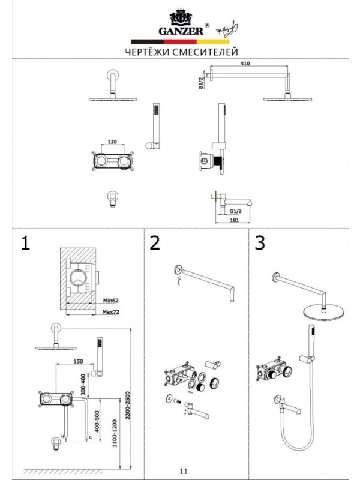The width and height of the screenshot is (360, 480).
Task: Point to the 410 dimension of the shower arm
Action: tap(244, 63)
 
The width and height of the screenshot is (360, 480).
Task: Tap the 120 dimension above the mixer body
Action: tap(112, 143)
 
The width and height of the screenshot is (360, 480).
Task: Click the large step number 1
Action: tap(25, 243)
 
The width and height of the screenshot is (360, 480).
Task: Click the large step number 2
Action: tap(155, 243)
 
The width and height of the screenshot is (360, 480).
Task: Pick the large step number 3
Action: tap(260, 243)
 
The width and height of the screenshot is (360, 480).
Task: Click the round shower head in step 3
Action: tap(323, 312)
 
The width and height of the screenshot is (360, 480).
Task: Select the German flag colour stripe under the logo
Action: tap(180, 41)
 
